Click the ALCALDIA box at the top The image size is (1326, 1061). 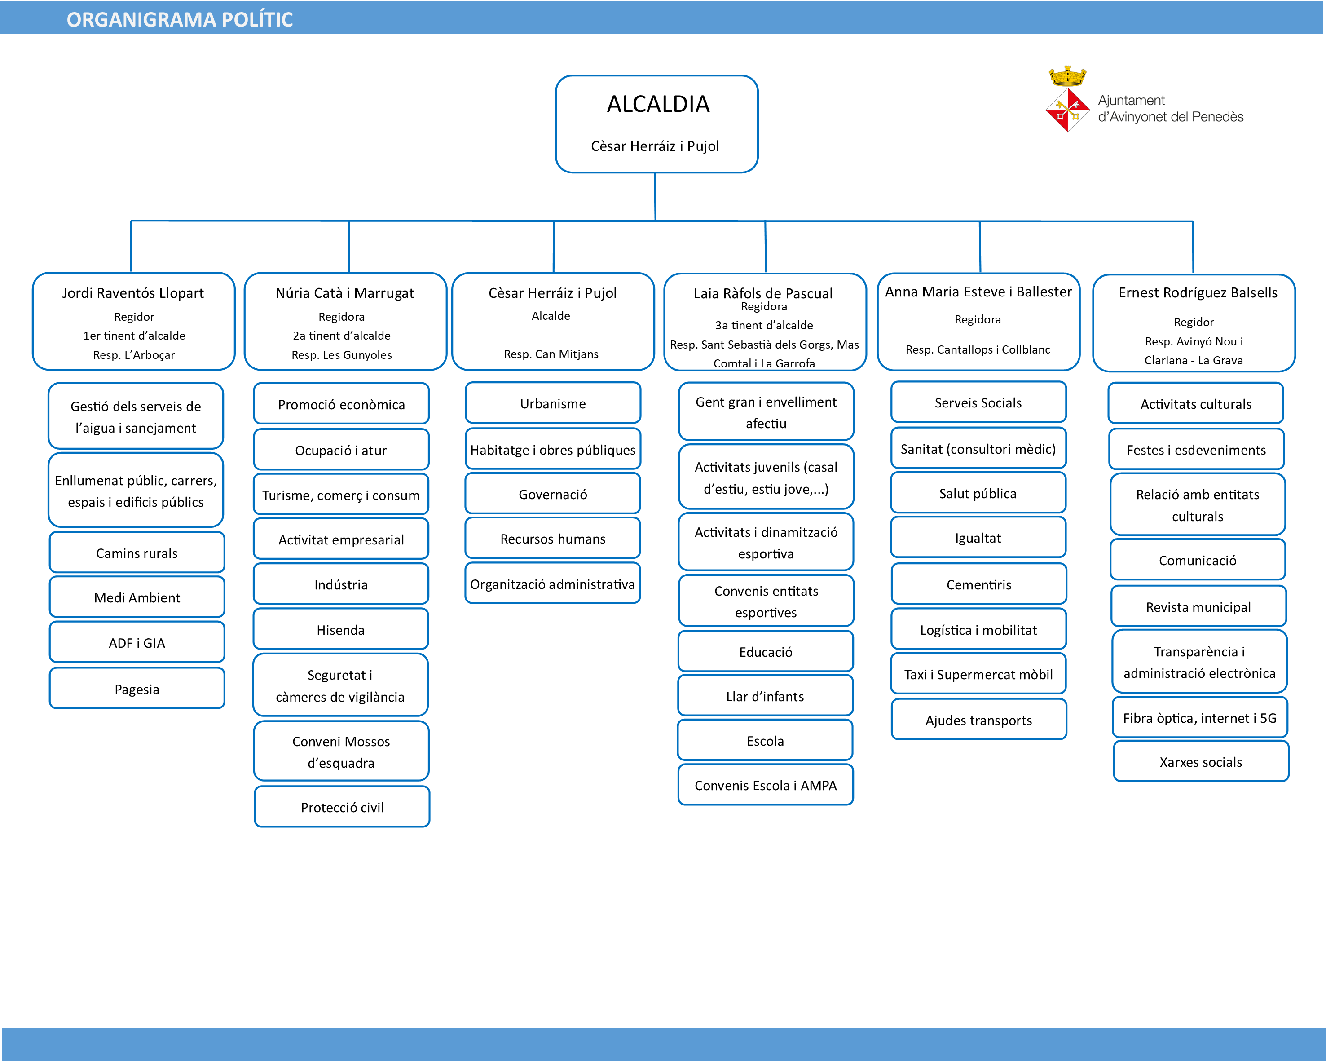(x=656, y=124)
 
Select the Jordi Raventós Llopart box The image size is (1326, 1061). (x=133, y=321)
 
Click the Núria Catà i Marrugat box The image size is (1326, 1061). (x=345, y=321)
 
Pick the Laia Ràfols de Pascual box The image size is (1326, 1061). (x=765, y=322)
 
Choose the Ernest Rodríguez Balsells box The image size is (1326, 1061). (x=1194, y=323)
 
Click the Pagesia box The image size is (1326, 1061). (x=137, y=688)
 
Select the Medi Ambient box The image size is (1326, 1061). (x=137, y=597)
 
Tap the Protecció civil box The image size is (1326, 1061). (x=342, y=806)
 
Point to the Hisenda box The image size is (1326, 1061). (x=341, y=628)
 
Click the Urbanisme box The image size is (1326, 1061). (x=553, y=403)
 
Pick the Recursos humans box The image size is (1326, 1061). (x=553, y=538)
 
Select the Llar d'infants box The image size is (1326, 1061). (x=765, y=696)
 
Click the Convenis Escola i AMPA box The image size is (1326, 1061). (x=766, y=785)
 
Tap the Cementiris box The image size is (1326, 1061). (x=978, y=584)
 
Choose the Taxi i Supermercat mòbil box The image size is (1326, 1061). (x=978, y=673)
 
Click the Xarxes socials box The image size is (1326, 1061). (x=1201, y=761)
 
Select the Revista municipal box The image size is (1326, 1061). (x=1198, y=606)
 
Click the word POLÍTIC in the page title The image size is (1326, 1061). (x=257, y=19)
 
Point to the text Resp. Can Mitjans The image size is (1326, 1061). (x=551, y=354)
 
